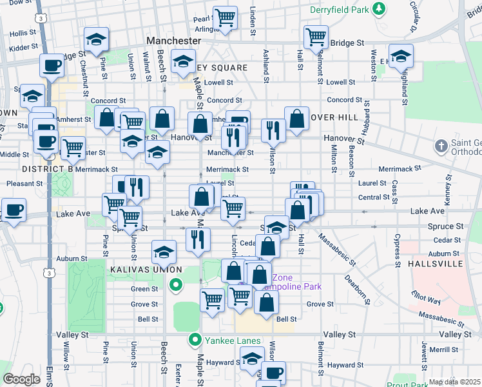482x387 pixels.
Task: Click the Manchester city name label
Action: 174,40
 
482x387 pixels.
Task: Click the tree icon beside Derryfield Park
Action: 380,8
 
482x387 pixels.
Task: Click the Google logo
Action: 21,379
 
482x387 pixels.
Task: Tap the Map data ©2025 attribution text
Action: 454,382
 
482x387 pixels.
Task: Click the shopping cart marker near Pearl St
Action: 225,17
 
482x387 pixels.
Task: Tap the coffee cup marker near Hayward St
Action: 273,372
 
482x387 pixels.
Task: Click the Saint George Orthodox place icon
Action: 441,145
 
